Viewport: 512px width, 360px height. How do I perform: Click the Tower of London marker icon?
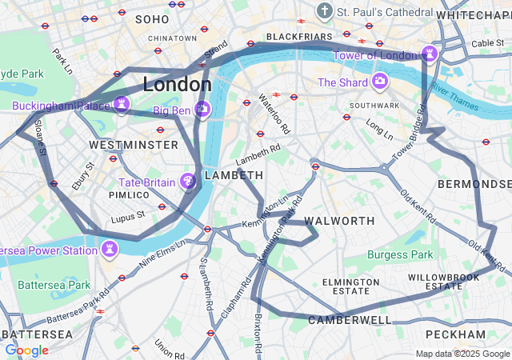tap(430, 54)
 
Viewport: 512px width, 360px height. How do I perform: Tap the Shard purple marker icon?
tap(379, 82)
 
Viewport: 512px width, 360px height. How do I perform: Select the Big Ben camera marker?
tap(202, 110)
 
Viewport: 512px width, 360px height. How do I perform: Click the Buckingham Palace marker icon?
tap(122, 105)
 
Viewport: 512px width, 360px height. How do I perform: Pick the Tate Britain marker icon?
tap(189, 182)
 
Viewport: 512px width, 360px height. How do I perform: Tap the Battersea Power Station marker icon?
tap(109, 250)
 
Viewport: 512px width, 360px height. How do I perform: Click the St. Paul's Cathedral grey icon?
tap(324, 11)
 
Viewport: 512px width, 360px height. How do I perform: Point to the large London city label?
tap(177, 84)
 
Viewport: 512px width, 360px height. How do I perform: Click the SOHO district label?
tap(152, 18)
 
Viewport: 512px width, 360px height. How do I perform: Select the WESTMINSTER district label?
tap(134, 145)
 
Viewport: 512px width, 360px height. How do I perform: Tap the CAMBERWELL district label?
tap(350, 320)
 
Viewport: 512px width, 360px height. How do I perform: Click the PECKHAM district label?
tap(455, 334)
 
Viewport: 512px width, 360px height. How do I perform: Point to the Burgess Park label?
tap(400, 254)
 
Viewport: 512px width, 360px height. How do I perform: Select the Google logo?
tap(26, 350)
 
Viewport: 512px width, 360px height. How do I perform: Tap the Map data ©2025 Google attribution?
tap(462, 354)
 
